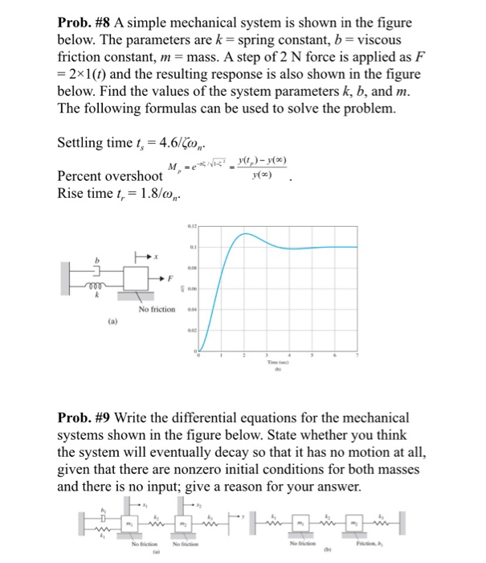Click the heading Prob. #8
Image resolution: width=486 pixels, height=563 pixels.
point(84,23)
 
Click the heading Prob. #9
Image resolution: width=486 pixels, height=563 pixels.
point(84,417)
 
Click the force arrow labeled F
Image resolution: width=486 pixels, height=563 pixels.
point(166,277)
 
